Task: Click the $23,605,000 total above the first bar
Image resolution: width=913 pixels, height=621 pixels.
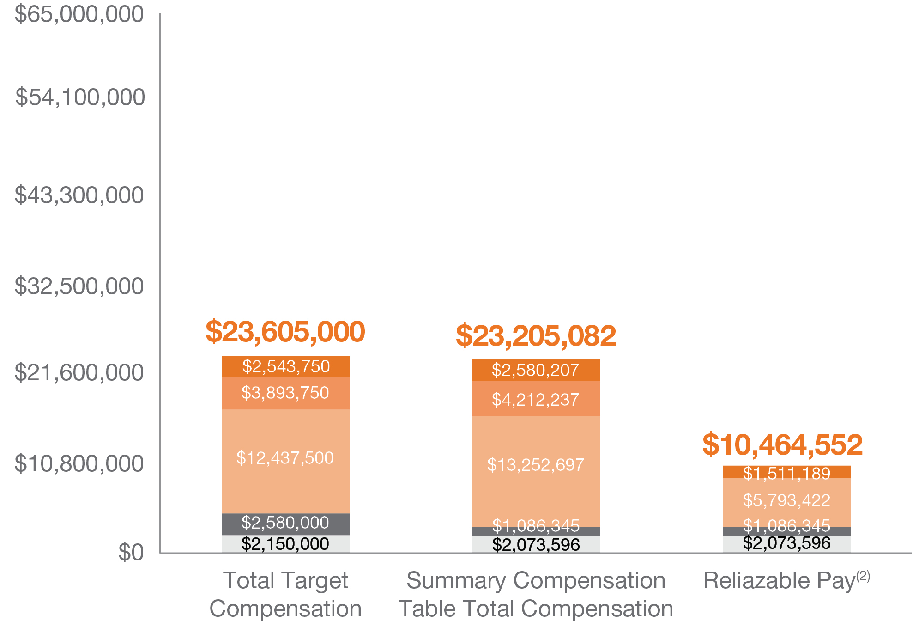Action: (285, 332)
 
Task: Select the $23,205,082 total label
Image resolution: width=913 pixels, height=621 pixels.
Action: (536, 336)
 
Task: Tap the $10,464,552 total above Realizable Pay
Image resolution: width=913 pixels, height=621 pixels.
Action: (782, 445)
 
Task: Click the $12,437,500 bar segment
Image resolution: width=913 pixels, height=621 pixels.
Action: (285, 461)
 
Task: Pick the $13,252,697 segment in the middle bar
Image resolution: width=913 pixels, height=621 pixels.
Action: (536, 471)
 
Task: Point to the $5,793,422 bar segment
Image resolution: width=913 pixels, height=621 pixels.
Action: (786, 502)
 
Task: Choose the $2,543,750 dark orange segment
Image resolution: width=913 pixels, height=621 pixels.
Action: (285, 366)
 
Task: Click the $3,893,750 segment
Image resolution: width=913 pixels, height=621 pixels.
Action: (285, 393)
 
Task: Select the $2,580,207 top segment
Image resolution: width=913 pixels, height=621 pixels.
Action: (536, 370)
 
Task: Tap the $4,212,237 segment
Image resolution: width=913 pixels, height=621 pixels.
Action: (536, 398)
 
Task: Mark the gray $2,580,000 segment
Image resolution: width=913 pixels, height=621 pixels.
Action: (285, 524)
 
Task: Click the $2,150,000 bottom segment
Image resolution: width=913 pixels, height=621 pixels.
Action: (285, 544)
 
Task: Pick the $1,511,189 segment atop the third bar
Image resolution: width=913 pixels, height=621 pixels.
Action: (786, 472)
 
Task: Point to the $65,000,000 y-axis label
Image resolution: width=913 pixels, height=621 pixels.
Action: (79, 15)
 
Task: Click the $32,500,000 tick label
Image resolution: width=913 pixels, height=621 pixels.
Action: (79, 286)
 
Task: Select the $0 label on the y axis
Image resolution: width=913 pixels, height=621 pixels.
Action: (131, 552)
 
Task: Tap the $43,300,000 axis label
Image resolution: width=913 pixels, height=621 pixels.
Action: (79, 195)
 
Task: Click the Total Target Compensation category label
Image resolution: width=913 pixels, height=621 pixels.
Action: (285, 594)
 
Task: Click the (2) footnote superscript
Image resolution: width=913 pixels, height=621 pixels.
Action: (863, 576)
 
